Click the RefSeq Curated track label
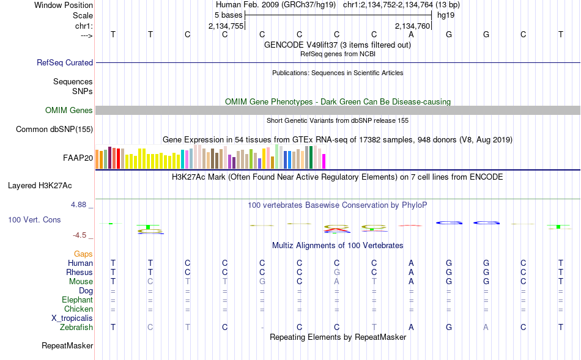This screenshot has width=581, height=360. [65, 62]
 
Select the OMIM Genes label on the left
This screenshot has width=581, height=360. [69, 111]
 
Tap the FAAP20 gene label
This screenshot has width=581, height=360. [78, 158]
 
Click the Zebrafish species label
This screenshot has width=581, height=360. [76, 328]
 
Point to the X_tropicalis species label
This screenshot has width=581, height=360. [72, 318]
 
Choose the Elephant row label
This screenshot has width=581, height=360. [78, 299]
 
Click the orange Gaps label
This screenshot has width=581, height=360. [83, 254]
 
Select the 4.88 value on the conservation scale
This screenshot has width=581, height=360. [78, 205]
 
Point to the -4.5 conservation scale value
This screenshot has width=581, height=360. [80, 235]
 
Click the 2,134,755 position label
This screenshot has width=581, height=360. [226, 26]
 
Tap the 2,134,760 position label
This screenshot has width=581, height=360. [412, 26]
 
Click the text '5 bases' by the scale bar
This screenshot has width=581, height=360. [228, 15]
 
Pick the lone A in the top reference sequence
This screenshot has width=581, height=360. [411, 34]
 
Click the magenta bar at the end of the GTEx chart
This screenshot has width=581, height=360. [324, 161]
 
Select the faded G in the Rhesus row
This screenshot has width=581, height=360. [336, 272]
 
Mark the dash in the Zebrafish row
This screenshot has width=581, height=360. [262, 328]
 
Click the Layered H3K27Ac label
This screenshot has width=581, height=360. [40, 186]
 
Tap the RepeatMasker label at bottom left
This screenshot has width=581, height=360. [67, 345]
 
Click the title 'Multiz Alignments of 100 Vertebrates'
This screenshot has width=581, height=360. [338, 245]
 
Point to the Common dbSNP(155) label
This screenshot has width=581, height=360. [54, 129]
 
